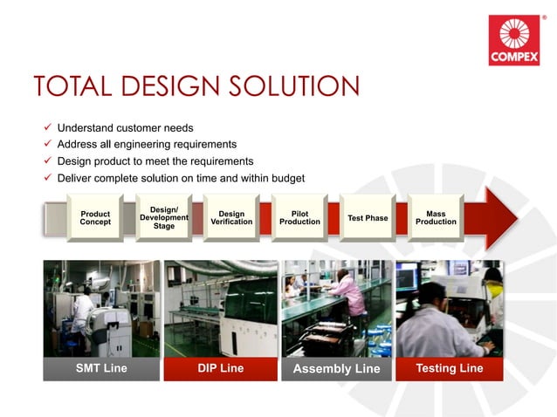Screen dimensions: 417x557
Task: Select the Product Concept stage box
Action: (95, 217)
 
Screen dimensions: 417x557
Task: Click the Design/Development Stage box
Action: (163, 217)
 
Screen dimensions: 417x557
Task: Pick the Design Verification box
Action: (231, 217)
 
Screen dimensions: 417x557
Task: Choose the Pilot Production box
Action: (299, 217)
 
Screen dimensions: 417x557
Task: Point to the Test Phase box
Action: (368, 217)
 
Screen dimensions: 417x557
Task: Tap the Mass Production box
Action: (436, 217)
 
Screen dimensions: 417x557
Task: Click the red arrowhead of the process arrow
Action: (496, 217)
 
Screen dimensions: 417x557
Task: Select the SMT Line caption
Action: (101, 368)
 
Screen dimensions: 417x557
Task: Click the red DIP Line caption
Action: (219, 368)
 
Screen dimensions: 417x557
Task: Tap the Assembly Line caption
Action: (336, 369)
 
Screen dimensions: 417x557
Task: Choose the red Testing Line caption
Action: (449, 368)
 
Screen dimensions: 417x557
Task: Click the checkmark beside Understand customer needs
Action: (48, 128)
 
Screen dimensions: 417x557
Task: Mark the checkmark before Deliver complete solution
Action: (48, 178)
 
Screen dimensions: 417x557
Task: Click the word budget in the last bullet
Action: (285, 178)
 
